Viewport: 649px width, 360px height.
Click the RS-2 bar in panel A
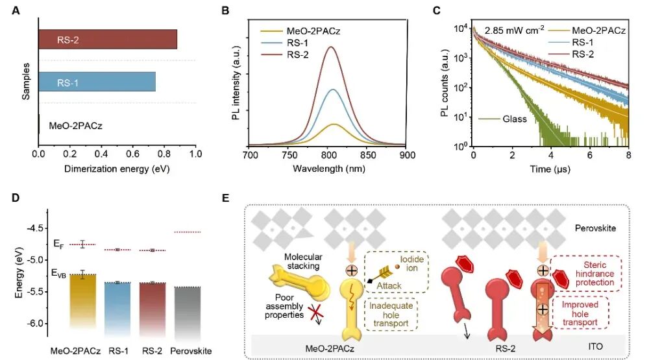coord(108,40)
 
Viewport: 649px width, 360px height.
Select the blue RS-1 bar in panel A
coord(97,82)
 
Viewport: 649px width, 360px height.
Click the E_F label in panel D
coord(58,245)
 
